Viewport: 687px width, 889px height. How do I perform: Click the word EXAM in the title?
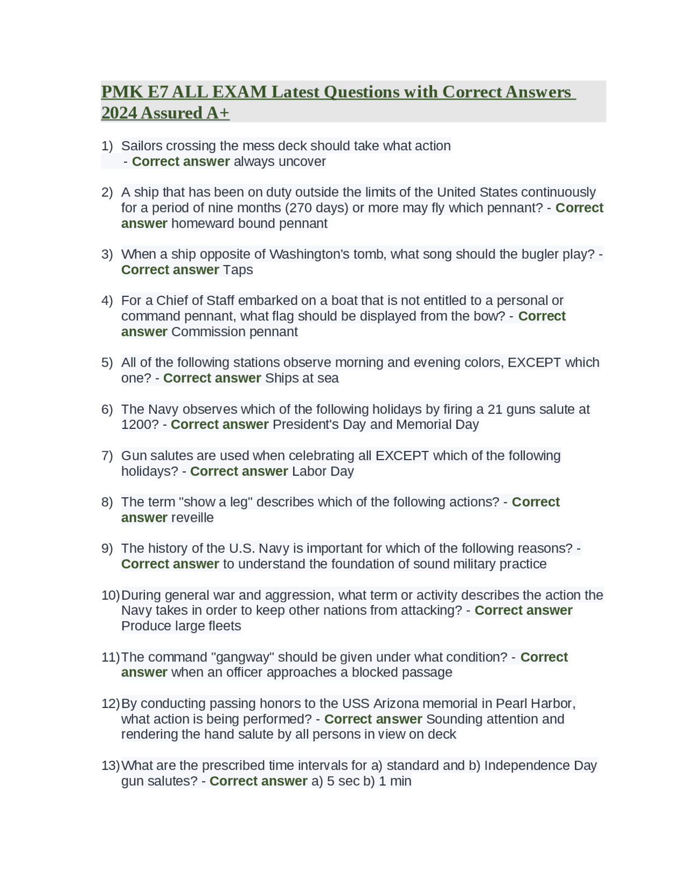tap(240, 92)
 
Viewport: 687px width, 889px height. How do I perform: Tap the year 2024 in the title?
tap(119, 113)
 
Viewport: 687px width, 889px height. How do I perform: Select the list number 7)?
tap(107, 456)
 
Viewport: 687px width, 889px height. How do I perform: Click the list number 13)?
tap(110, 766)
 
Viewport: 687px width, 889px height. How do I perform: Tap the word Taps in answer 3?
tap(238, 269)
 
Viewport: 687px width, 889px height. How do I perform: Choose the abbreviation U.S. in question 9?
tap(242, 548)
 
